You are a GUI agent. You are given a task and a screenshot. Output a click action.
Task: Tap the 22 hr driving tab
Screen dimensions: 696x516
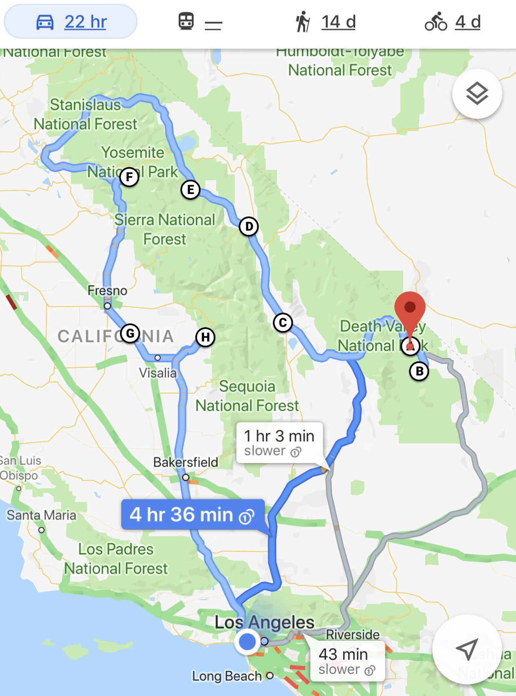[x=71, y=22]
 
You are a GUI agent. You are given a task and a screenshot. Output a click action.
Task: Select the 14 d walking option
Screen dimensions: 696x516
[x=326, y=22]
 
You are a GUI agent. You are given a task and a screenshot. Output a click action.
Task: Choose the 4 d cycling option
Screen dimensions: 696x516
[x=453, y=22]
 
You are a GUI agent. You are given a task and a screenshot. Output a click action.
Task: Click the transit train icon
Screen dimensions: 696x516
[x=186, y=21]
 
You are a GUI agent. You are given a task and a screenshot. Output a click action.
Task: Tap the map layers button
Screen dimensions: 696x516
[x=477, y=94]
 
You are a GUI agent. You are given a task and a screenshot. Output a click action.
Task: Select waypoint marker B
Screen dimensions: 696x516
[x=419, y=371]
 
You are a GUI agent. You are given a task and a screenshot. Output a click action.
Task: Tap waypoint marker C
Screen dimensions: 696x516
[x=283, y=323]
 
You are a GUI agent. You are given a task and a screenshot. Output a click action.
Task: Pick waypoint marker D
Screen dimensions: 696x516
[x=249, y=226]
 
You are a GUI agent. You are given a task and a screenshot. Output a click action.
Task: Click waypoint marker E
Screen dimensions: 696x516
[x=190, y=190]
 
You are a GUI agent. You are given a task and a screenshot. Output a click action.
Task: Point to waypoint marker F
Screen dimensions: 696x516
[x=129, y=177]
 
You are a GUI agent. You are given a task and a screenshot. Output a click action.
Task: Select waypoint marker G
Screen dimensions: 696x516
[x=130, y=333]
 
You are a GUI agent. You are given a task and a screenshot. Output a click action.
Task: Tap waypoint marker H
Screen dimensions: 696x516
[x=205, y=337]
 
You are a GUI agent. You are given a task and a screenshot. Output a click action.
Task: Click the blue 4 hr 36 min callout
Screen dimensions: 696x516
[x=192, y=515]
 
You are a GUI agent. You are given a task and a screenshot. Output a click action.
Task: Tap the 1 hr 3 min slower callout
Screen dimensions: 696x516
[x=279, y=442]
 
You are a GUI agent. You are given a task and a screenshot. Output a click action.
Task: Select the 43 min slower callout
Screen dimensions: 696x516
[x=347, y=661]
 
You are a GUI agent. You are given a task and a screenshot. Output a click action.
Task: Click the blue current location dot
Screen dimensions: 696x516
[x=248, y=641]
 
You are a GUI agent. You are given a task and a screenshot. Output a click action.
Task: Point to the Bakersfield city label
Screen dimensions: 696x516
[x=186, y=462]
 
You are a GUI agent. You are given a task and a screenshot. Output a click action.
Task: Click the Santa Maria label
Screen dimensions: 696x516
[x=42, y=515]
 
